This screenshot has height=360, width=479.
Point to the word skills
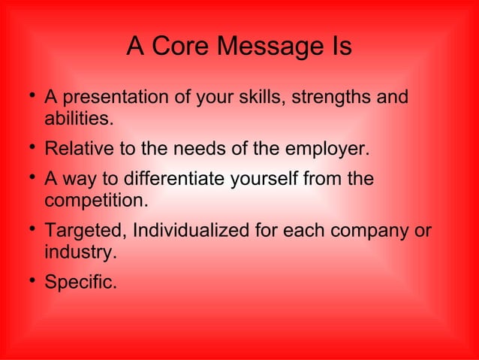click(265, 98)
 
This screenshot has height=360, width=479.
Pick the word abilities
click(80, 119)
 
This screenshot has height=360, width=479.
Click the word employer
click(330, 149)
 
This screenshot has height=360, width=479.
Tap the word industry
click(80, 252)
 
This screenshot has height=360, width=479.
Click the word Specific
click(80, 283)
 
